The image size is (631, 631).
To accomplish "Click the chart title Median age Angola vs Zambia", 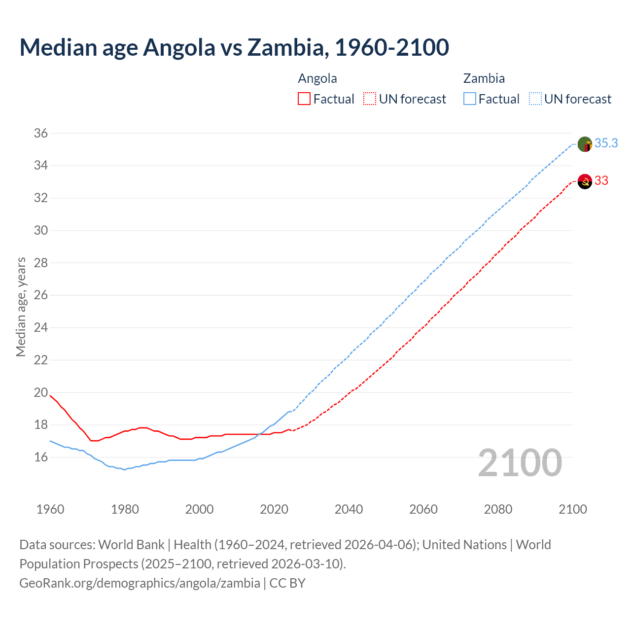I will [234, 47].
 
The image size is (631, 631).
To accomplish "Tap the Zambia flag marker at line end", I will [584, 144].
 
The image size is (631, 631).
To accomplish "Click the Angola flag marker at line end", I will [584, 181].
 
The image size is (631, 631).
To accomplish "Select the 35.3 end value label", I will [606, 143].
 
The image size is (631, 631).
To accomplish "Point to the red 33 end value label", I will [601, 180].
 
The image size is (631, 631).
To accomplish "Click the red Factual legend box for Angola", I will [304, 99].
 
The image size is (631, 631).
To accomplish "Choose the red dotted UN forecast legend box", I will [369, 99].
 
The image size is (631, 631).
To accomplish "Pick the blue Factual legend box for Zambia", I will [469, 99].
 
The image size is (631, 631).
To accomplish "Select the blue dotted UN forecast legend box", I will [535, 99].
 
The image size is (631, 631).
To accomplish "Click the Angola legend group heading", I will [317, 78].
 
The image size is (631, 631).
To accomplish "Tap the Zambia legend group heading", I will [484, 78].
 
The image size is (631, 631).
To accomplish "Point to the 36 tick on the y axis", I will [41, 133].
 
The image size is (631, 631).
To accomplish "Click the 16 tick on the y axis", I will [41, 457].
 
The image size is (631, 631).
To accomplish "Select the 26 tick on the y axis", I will [41, 295].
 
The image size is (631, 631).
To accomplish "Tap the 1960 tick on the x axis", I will [50, 509].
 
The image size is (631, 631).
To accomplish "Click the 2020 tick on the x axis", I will [274, 509].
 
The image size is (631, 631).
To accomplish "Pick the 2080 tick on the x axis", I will [498, 509].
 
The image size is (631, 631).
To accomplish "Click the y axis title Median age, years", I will [21, 307].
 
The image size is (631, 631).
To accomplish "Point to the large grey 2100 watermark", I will [520, 462].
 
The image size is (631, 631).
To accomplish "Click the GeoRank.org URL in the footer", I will [140, 583].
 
